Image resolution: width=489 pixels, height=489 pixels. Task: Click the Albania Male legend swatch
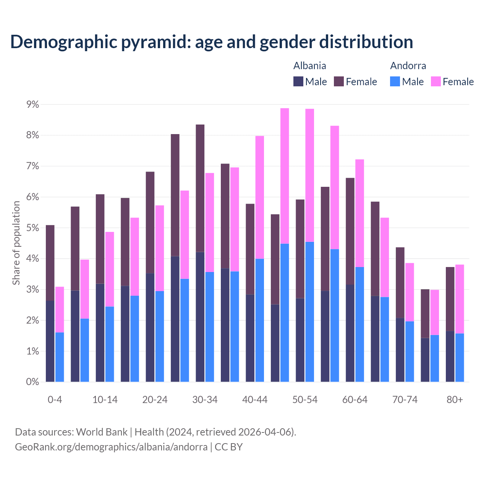coord(298,81)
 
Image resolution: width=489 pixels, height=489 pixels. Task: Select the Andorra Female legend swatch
coord(436,81)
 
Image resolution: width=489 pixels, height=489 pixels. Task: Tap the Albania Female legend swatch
coord(339,81)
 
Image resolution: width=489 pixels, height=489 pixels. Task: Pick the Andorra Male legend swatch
coord(395,81)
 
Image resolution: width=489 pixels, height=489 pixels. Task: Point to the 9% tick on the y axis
coord(32,104)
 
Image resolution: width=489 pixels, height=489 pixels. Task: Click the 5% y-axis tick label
coord(32,228)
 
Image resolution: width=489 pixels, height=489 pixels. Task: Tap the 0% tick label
coord(32,382)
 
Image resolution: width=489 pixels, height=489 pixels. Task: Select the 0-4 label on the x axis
coord(55,400)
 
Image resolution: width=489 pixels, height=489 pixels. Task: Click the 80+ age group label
coord(455,400)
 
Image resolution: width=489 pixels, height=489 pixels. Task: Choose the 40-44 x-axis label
coord(255,400)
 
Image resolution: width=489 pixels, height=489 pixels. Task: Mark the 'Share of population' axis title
coord(16,243)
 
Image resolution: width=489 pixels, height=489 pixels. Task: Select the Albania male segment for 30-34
coord(200,317)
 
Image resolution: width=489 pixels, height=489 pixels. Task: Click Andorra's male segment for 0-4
coord(60,357)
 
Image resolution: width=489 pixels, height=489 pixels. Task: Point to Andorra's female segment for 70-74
coord(410,292)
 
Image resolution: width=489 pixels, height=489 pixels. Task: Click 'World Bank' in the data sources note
coord(102,432)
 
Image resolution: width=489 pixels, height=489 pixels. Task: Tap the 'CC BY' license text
coord(228,447)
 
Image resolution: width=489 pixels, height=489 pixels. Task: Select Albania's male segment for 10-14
coord(100,332)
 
